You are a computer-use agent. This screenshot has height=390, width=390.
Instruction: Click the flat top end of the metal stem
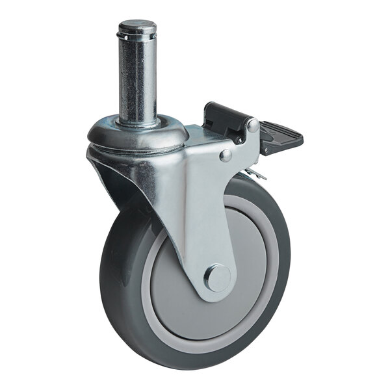point(136,25)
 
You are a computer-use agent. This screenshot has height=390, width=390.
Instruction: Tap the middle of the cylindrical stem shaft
point(137,78)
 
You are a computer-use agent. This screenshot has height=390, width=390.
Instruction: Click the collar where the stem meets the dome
point(138,122)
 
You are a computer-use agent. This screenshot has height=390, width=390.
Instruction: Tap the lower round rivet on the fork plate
point(226,155)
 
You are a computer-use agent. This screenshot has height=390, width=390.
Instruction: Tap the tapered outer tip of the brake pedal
point(296,138)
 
